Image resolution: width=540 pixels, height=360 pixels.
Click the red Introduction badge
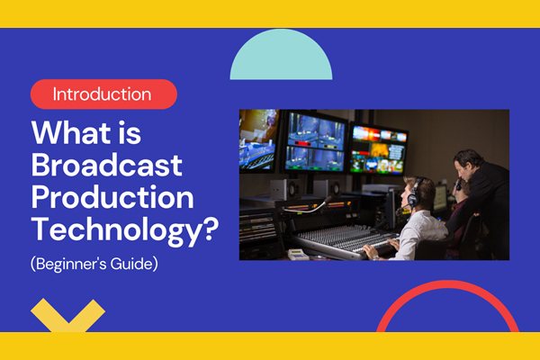(x=103, y=94)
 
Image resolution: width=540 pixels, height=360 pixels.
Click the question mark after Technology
(x=209, y=230)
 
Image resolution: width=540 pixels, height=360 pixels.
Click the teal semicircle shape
(x=282, y=59)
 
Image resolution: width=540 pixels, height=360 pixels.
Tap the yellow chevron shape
(x=67, y=315)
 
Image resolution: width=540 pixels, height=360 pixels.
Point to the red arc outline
(x=450, y=297)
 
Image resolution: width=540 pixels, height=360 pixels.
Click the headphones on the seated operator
(x=416, y=192)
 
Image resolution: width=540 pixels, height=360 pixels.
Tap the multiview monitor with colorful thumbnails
(x=379, y=147)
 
